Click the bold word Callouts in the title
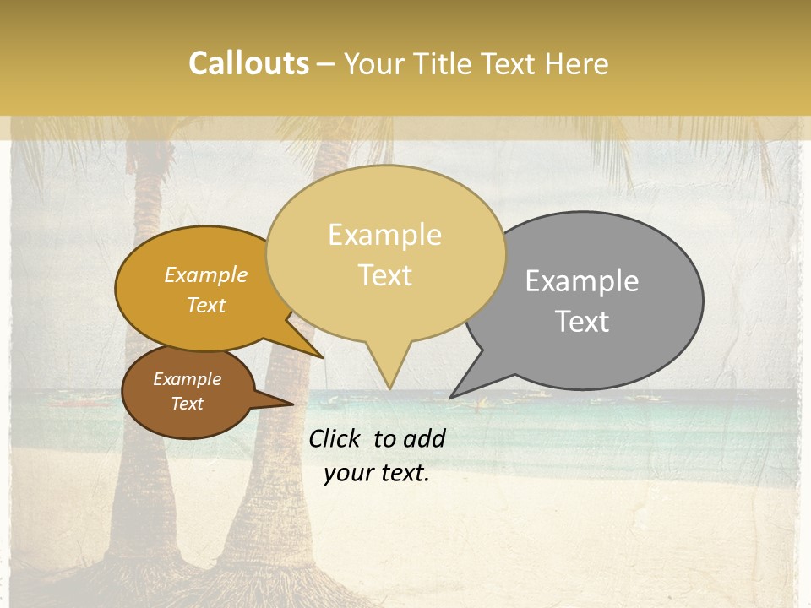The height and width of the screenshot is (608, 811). (x=248, y=63)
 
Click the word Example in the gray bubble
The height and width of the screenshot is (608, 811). (x=582, y=281)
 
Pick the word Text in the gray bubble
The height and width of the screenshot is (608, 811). (x=582, y=322)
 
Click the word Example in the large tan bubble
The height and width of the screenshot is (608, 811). (x=384, y=235)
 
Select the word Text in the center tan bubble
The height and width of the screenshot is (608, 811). (x=384, y=275)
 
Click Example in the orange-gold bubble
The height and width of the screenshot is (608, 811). (x=206, y=275)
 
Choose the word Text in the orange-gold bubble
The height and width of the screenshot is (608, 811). (x=206, y=306)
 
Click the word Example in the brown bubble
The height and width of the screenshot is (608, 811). (x=187, y=379)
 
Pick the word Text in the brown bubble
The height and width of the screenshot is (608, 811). (x=187, y=404)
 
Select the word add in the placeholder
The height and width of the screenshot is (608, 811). (x=423, y=438)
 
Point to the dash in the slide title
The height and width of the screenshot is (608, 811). (x=327, y=64)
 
